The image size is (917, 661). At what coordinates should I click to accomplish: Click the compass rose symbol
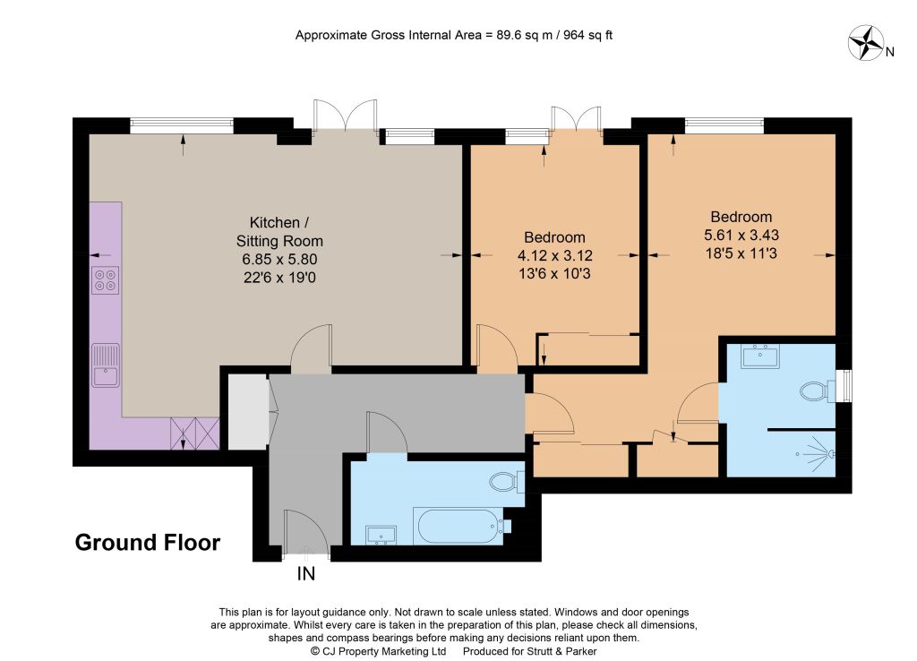click(x=866, y=43)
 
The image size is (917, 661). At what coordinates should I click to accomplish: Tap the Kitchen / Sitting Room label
click(x=279, y=232)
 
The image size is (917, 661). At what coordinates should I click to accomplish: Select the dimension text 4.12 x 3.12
click(x=554, y=255)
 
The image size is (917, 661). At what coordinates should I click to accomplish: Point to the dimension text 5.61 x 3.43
click(x=741, y=236)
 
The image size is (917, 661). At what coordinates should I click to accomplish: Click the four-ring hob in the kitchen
click(x=106, y=280)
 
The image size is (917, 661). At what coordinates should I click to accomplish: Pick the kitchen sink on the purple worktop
click(x=106, y=365)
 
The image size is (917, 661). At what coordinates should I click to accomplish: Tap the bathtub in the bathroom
click(x=458, y=526)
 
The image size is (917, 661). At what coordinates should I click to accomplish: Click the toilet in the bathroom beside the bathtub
click(x=507, y=481)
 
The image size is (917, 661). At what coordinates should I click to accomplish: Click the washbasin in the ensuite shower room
click(x=760, y=356)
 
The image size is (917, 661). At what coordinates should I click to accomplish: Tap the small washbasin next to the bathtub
click(x=381, y=536)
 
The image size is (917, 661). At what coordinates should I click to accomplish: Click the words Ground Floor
click(x=148, y=542)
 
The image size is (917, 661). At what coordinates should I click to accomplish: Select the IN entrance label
click(x=306, y=574)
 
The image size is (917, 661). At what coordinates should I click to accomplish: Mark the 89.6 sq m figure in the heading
click(x=525, y=35)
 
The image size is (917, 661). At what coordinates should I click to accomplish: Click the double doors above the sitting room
click(x=345, y=115)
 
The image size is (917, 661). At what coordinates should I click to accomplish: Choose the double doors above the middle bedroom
click(x=576, y=119)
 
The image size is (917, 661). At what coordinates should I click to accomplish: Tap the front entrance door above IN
click(x=304, y=532)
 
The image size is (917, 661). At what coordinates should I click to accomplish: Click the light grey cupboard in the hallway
click(x=248, y=412)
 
